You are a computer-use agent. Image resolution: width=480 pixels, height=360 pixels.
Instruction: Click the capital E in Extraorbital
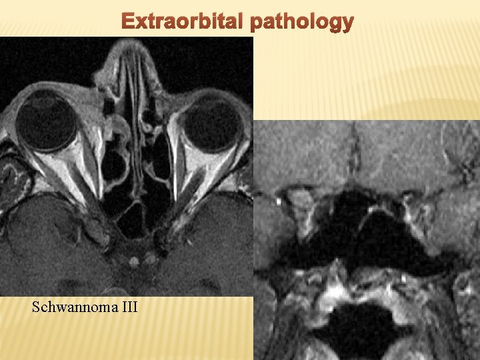tap(127, 23)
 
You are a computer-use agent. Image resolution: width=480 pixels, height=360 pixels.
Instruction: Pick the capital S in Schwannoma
tap(36, 307)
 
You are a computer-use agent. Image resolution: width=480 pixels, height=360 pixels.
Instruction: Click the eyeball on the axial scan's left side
tap(45, 122)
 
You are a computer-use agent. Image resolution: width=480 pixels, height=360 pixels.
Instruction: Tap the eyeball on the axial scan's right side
tap(211, 123)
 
